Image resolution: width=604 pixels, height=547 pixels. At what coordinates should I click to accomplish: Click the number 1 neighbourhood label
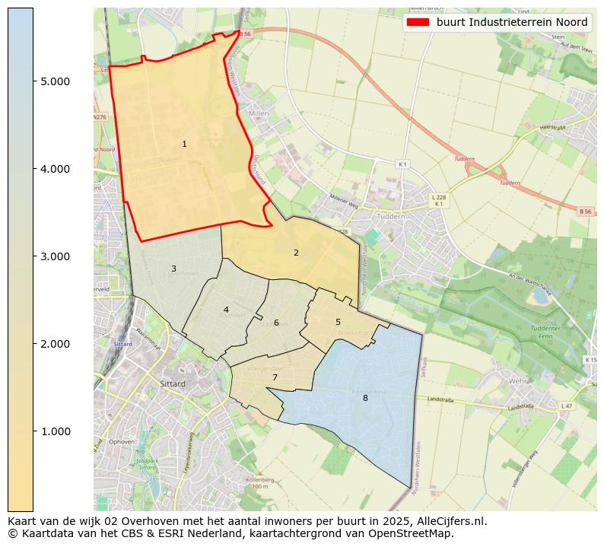point(184,144)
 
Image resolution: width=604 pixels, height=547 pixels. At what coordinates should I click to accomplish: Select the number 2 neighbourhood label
point(296,253)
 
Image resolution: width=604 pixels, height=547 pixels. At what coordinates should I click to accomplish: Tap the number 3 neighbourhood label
point(173,269)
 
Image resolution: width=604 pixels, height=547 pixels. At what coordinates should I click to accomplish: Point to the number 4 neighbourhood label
point(226,310)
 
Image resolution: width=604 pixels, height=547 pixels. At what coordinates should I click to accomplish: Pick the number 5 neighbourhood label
point(338,322)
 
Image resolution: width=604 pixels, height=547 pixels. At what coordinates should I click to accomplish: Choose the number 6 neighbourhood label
point(276,323)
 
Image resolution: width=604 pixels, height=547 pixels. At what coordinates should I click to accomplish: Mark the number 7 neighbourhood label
point(275,377)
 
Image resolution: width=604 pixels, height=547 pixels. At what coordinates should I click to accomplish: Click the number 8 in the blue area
point(365,398)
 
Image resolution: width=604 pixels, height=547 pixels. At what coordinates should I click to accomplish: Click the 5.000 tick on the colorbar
point(55,81)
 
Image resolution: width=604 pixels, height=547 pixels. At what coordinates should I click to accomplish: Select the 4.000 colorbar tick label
point(55,169)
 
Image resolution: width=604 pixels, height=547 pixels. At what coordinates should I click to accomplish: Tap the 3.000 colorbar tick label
point(55,256)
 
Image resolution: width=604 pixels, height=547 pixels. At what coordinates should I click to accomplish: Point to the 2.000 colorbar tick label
point(55,344)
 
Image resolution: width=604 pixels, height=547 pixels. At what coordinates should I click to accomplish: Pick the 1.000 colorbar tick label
point(55,431)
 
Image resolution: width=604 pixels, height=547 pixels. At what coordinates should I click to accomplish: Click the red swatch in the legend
point(418,23)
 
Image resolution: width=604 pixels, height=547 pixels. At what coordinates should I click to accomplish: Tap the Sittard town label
point(173,384)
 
